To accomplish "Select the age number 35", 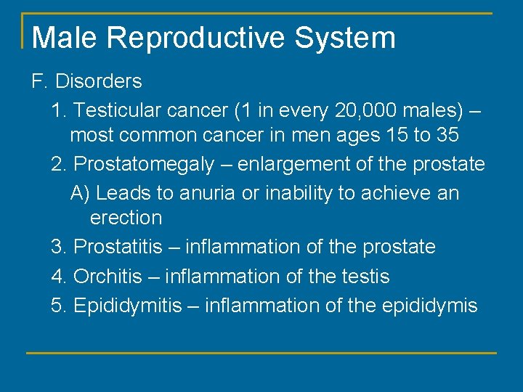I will [447, 135].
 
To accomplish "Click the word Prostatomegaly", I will [144, 165].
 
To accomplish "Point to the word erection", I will [126, 218].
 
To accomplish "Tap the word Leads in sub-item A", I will [122, 193].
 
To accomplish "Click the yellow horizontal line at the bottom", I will [261, 353].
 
